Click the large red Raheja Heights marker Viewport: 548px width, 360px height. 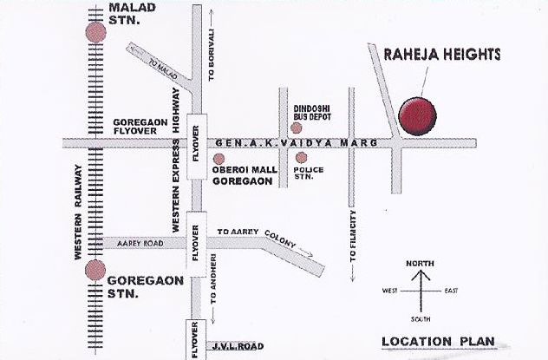point(417,117)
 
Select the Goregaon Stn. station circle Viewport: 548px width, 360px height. point(95,270)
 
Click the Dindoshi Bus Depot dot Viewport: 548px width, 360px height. point(297,128)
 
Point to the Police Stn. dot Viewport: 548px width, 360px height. point(301,158)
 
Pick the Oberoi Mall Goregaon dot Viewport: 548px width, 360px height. point(219,159)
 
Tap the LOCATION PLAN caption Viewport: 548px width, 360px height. point(440,341)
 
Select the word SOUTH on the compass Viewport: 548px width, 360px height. point(421,317)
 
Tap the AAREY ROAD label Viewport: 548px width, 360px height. point(134,245)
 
